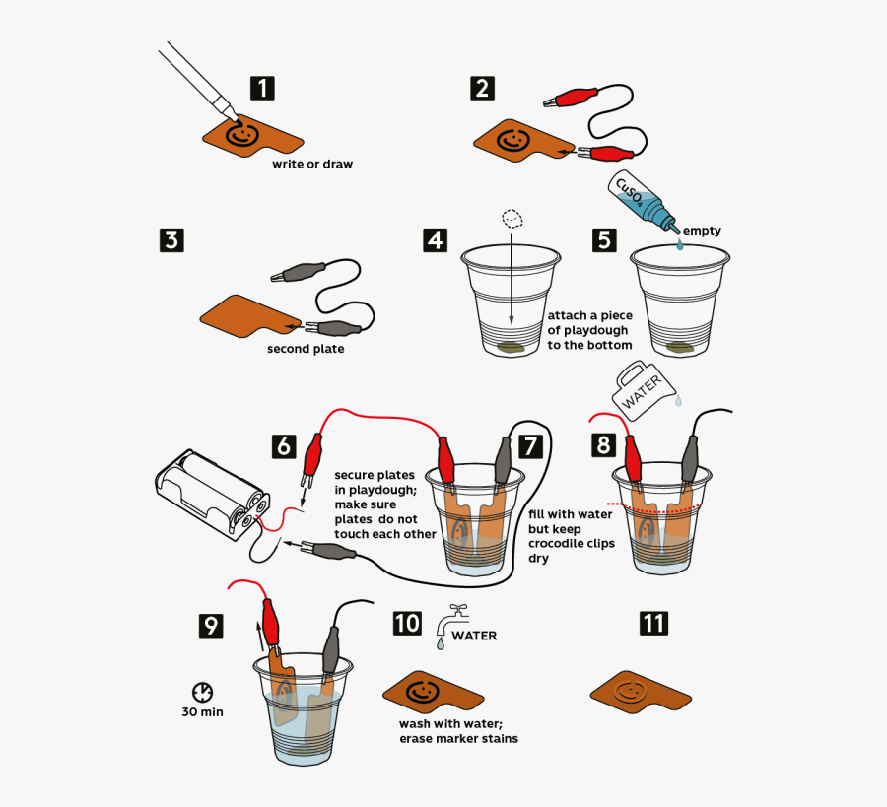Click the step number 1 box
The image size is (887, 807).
(x=261, y=88)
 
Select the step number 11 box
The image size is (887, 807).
(x=653, y=623)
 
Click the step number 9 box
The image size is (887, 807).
(x=211, y=625)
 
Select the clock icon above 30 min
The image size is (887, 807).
(x=202, y=693)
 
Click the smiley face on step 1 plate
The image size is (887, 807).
(x=239, y=135)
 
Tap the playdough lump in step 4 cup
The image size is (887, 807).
(x=512, y=347)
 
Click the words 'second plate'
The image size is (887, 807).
(x=305, y=349)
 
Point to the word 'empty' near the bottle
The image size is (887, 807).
(x=702, y=231)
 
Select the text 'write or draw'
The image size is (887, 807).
(x=311, y=165)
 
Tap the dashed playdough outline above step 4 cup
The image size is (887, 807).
(x=512, y=219)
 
